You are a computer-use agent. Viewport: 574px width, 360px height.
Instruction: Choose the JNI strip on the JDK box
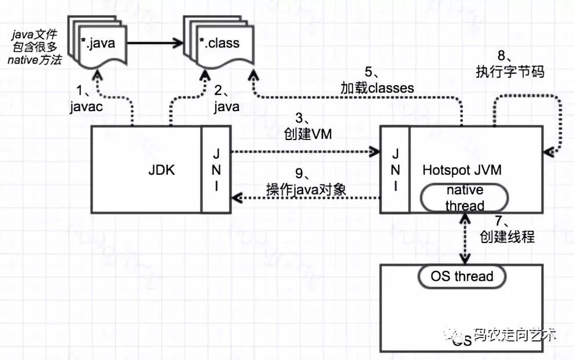point(216,170)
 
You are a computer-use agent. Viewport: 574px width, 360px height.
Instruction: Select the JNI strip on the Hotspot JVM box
point(395,170)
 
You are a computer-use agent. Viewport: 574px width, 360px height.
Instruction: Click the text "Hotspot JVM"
point(462,170)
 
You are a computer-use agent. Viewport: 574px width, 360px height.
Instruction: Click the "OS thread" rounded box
point(462,276)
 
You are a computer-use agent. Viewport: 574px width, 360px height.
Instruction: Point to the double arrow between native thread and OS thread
point(463,238)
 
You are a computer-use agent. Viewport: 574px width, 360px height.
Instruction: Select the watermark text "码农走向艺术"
point(514,335)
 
